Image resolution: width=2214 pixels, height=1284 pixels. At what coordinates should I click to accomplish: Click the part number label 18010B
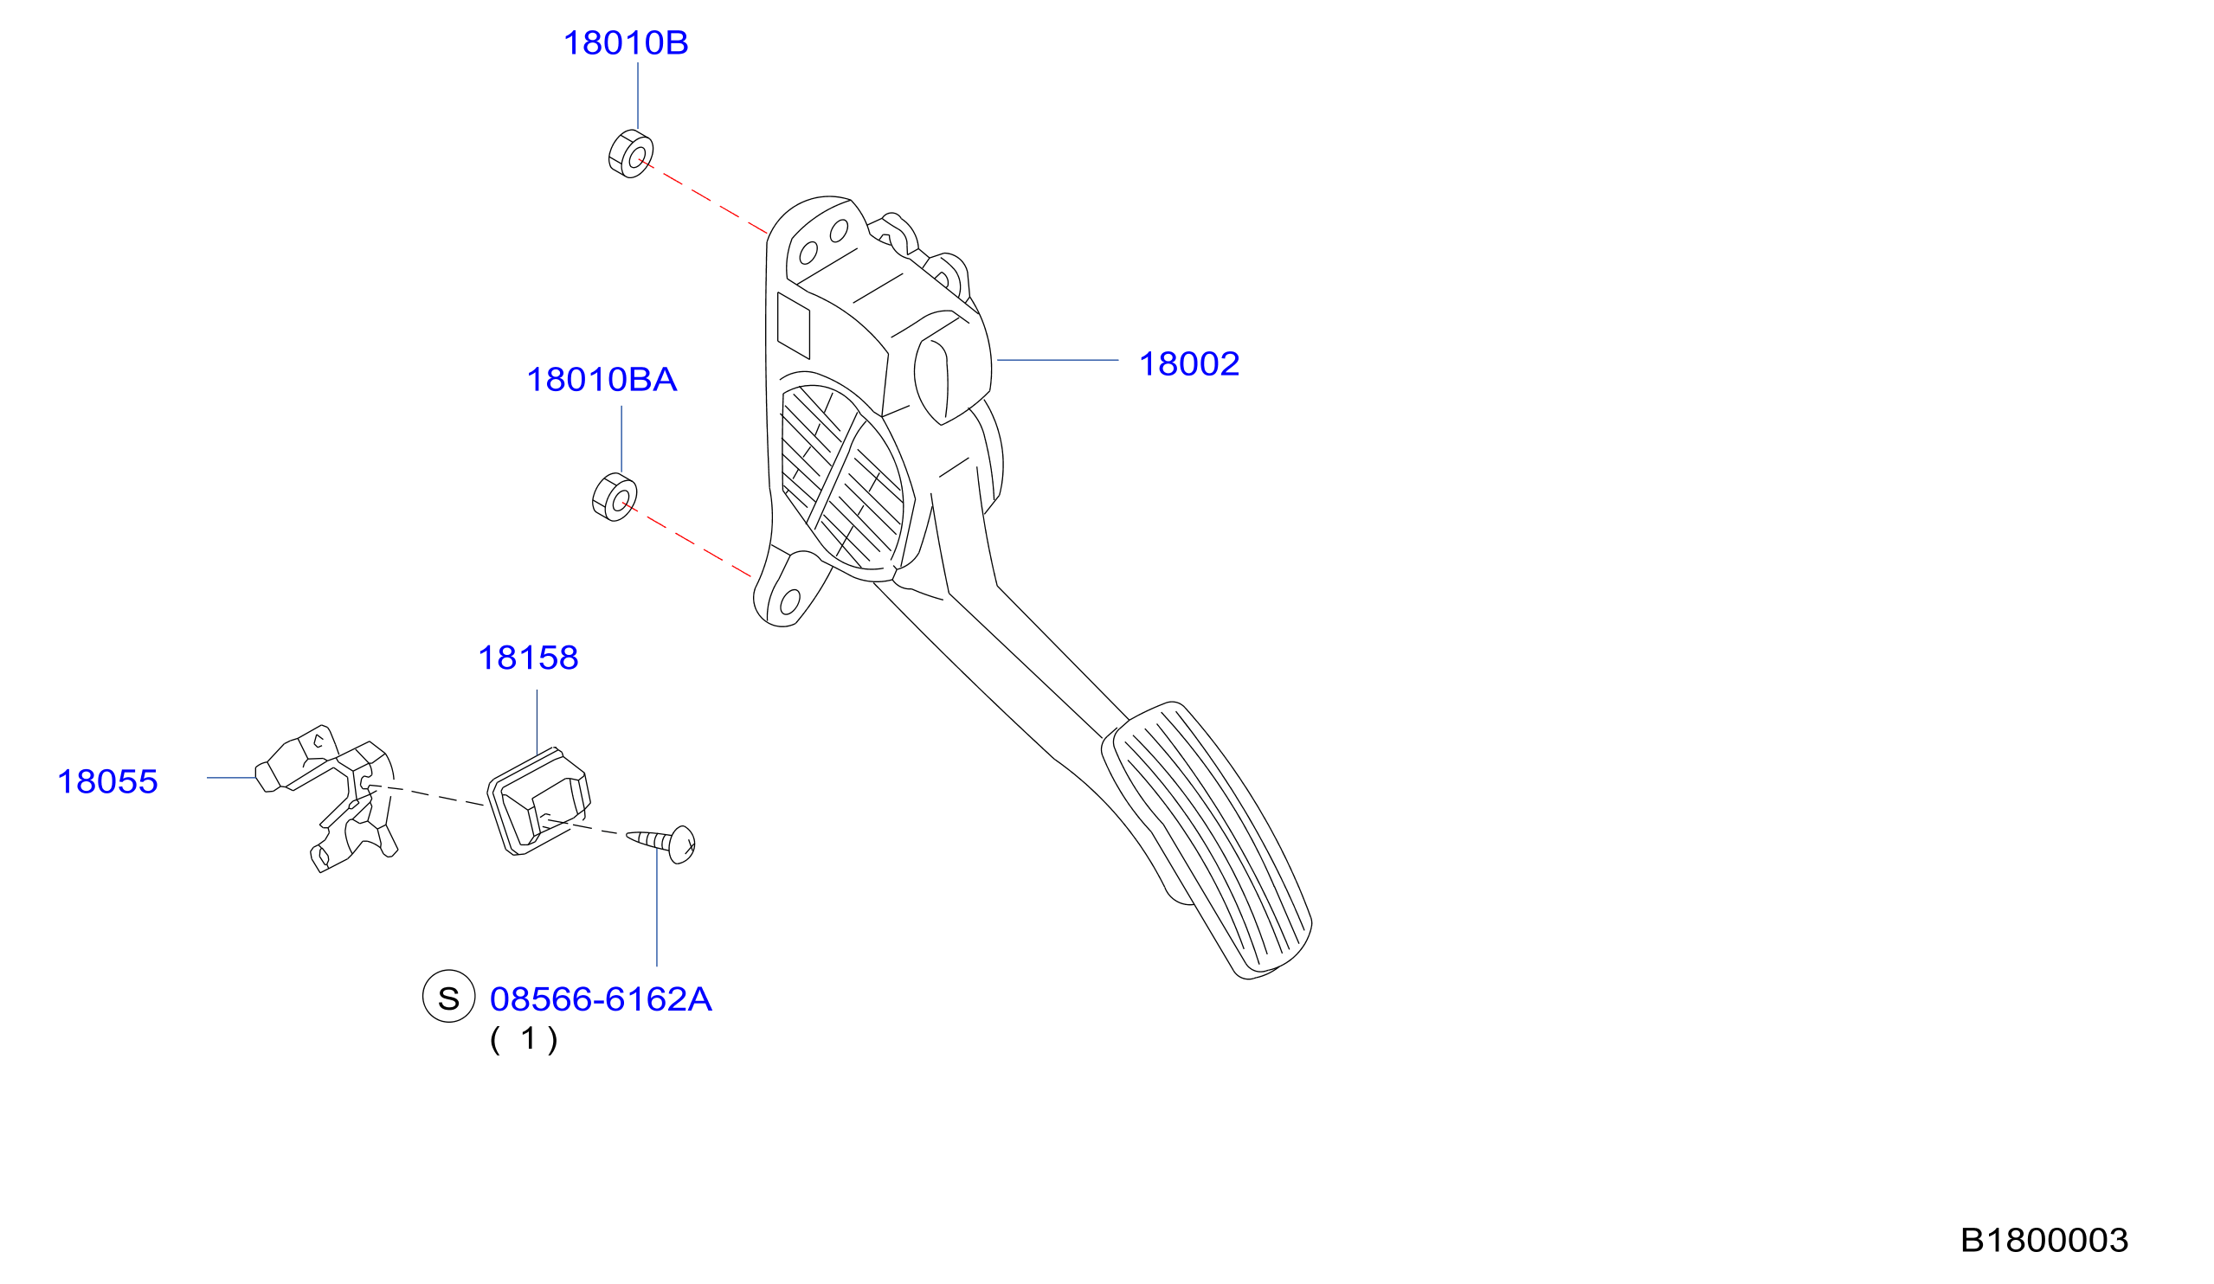(x=625, y=43)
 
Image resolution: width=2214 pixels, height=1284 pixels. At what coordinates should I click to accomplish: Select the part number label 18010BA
(x=601, y=381)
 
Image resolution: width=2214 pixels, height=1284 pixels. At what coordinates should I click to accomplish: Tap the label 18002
(x=1188, y=364)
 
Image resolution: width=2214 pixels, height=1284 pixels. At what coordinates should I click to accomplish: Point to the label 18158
(x=527, y=658)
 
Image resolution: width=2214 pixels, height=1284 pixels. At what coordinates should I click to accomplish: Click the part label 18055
(x=107, y=781)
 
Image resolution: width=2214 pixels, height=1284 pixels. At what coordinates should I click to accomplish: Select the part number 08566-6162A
(x=600, y=999)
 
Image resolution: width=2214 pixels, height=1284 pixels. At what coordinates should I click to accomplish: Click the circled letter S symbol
(x=449, y=996)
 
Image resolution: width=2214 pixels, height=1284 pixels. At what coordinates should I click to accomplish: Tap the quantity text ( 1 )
(x=524, y=1040)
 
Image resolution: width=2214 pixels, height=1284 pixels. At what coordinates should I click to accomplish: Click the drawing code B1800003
(x=2043, y=1240)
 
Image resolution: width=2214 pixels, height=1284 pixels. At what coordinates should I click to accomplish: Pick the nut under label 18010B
(x=631, y=154)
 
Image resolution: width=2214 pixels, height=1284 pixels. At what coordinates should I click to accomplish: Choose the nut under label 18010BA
(x=615, y=498)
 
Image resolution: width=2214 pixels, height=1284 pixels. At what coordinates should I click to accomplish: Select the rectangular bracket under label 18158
(x=537, y=801)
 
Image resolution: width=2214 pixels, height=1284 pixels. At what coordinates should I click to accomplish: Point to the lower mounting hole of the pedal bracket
(x=790, y=602)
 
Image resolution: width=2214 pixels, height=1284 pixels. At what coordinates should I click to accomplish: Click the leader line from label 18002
(x=1057, y=360)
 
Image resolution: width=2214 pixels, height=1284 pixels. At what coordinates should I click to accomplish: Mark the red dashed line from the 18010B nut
(x=705, y=196)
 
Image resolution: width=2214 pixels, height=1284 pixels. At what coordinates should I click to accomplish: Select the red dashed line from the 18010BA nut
(x=688, y=541)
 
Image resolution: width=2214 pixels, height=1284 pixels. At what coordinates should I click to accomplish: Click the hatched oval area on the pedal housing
(x=841, y=478)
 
